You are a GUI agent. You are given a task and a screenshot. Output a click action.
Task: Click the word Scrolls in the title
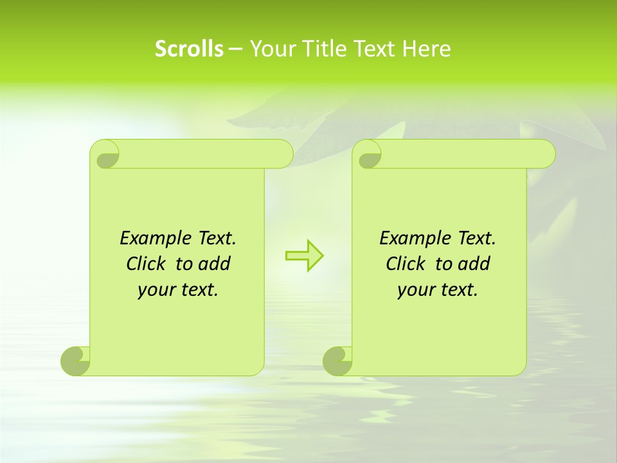click(x=189, y=49)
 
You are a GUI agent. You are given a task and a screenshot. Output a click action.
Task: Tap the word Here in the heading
click(x=427, y=49)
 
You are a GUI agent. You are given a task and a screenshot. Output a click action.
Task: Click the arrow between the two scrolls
click(x=304, y=255)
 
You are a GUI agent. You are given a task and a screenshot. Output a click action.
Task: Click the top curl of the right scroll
click(x=369, y=155)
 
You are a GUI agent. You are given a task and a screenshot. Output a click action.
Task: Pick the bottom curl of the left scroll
click(x=75, y=361)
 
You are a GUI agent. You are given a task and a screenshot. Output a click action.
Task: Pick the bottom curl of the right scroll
click(x=337, y=361)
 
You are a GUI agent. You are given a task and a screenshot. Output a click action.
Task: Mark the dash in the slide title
click(x=235, y=49)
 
